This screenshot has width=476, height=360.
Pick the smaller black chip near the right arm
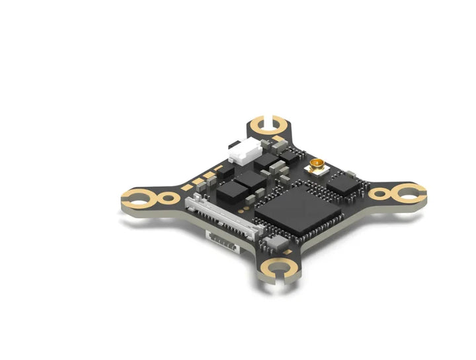coord(344,182)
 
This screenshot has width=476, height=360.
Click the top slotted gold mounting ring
coord(268,125)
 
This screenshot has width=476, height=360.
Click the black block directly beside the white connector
coord(266,159)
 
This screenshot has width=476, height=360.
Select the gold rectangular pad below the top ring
coord(278,139)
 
